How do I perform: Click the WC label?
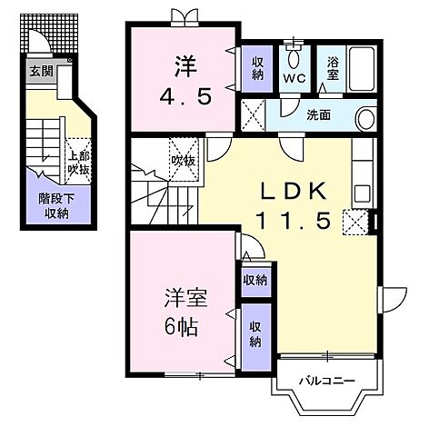[294, 79]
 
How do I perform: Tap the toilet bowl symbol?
[294, 57]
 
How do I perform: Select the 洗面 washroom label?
[318, 115]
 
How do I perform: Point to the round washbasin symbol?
[365, 118]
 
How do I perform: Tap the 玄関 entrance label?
[40, 71]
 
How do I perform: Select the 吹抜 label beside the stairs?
[183, 161]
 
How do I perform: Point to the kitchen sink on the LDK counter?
[361, 192]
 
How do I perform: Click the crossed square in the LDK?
[354, 222]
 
